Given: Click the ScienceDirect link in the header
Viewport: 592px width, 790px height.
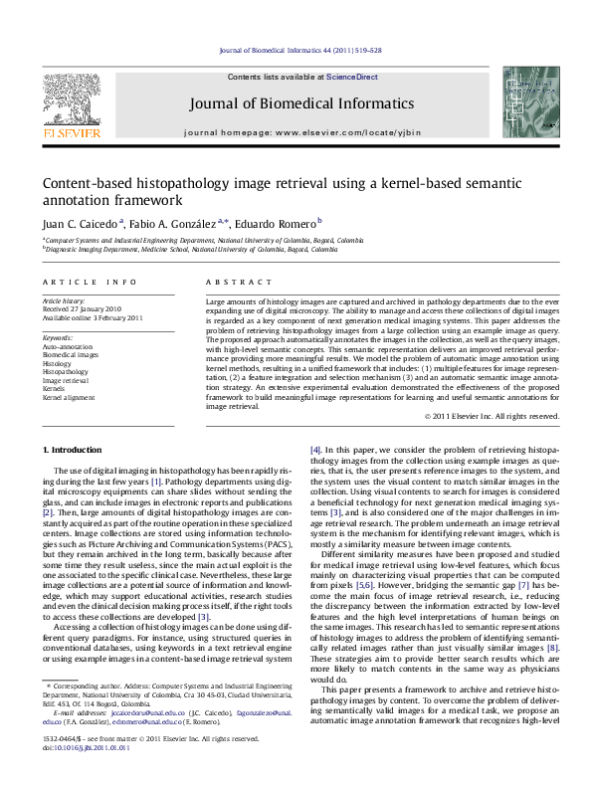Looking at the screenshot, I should [x=352, y=77].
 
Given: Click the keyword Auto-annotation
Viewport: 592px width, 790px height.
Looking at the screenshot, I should [x=64, y=345].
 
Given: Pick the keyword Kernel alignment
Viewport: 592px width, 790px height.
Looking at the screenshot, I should [x=68, y=397].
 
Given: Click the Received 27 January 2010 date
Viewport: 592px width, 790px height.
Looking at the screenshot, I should [x=83, y=308].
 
